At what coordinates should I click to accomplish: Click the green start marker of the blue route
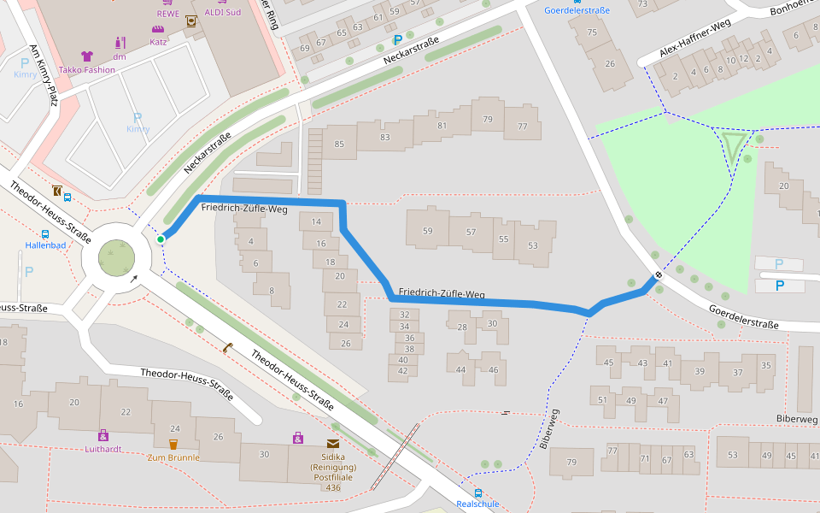click(161, 239)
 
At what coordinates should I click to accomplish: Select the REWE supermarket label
click(167, 14)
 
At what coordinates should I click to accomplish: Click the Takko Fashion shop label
click(86, 69)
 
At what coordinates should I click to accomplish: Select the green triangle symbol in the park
click(734, 145)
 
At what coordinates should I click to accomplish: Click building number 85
click(339, 144)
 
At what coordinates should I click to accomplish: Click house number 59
click(428, 231)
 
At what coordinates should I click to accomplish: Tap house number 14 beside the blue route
click(316, 222)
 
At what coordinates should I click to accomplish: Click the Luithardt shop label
click(103, 448)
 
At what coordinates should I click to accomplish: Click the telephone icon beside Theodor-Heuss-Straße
click(228, 347)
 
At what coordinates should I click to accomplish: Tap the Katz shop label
click(158, 41)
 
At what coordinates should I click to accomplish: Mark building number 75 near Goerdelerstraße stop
click(593, 32)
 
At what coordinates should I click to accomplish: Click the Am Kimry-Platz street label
click(43, 75)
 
